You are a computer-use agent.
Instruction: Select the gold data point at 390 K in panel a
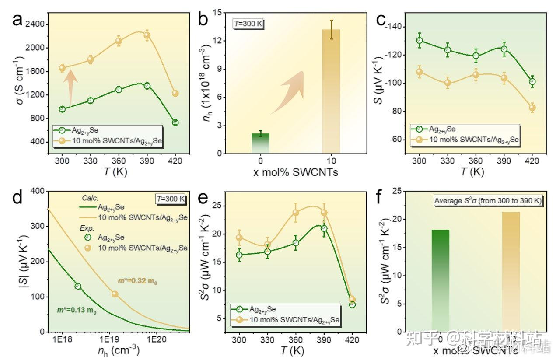pos(147,36)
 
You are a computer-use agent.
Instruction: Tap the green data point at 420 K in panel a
pos(175,122)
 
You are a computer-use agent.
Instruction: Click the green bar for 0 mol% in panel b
pos(260,143)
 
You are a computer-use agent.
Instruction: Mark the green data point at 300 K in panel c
pos(419,40)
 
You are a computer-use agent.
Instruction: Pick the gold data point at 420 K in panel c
pos(532,108)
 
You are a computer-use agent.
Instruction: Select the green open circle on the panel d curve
pos(78,286)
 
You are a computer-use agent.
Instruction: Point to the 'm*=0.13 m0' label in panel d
pos(77,311)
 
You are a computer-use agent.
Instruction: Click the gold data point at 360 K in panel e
pos(296,213)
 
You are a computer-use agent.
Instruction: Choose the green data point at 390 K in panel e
pos(324,228)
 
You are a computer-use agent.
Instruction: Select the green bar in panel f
pos(440,280)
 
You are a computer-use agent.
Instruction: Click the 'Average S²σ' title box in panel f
pos(488,200)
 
